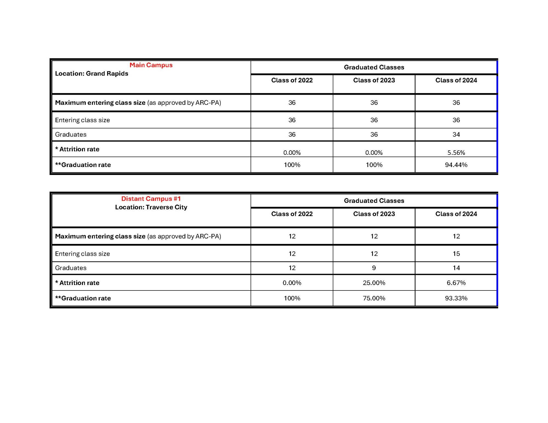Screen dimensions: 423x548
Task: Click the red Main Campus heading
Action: pyautogui.click(x=151, y=65)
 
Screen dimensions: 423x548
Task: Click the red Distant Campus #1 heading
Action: pyautogui.click(x=151, y=199)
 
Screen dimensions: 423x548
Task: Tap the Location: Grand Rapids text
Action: pyautogui.click(x=92, y=74)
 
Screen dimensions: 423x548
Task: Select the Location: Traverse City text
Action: pyautogui.click(x=151, y=207)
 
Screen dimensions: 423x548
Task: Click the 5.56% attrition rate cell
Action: pyautogui.click(x=456, y=153)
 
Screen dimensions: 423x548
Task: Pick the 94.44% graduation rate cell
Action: pyautogui.click(x=456, y=165)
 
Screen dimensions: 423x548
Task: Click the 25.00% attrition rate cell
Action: pyautogui.click(x=374, y=283)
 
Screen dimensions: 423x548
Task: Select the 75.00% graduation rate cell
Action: pyautogui.click(x=374, y=298)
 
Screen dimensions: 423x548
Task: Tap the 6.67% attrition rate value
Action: pyautogui.click(x=456, y=283)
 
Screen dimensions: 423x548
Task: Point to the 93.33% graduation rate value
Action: pyautogui.click(x=456, y=298)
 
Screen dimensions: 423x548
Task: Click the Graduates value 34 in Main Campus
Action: pyautogui.click(x=456, y=134)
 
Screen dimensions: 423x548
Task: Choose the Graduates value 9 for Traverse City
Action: pyautogui.click(x=374, y=268)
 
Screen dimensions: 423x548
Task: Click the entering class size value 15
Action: pyautogui.click(x=456, y=254)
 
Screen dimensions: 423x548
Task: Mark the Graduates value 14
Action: pyautogui.click(x=456, y=268)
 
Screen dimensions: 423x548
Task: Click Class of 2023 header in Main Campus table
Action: pyautogui.click(x=374, y=80)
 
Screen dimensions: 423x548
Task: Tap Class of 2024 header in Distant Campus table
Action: pyautogui.click(x=456, y=214)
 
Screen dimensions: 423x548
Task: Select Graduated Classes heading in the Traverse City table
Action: pyautogui.click(x=374, y=201)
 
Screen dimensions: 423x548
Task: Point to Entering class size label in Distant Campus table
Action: pyautogui.click(x=82, y=254)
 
